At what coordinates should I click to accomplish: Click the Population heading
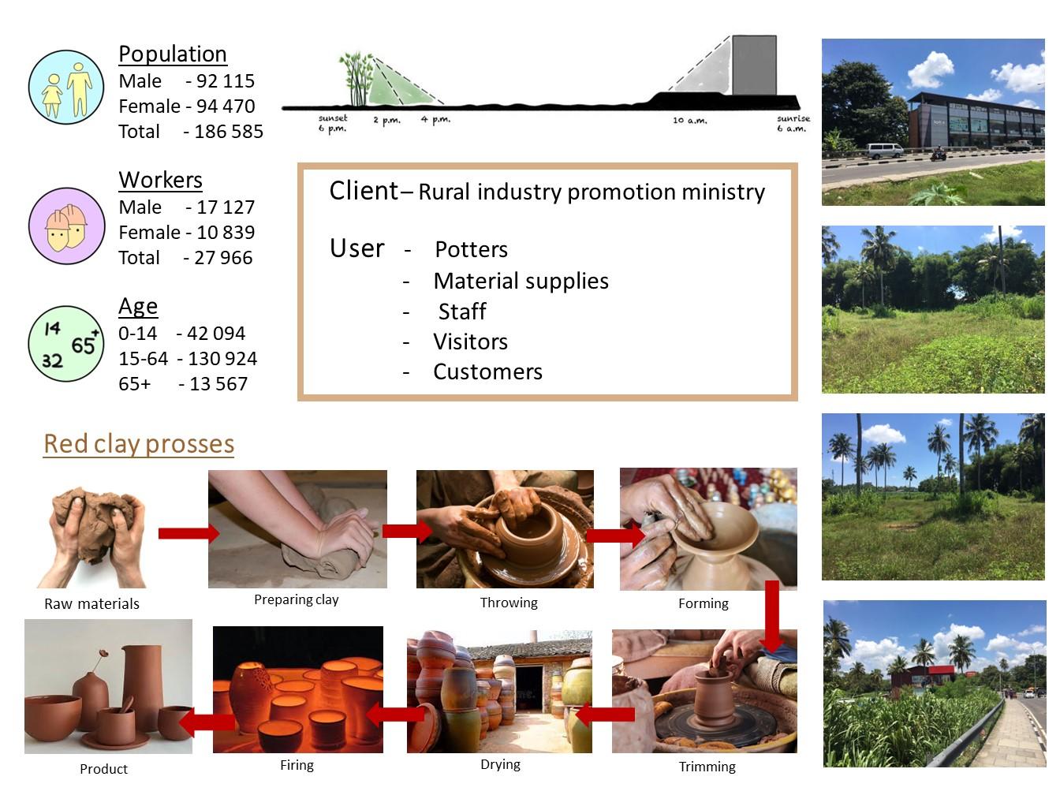[x=173, y=54]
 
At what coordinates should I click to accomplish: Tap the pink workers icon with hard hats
[x=67, y=226]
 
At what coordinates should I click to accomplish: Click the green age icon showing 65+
[x=67, y=344]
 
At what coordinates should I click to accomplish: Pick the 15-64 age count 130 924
[x=222, y=359]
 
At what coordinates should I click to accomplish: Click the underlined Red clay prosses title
[x=139, y=444]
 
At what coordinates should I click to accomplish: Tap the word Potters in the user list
[x=471, y=250]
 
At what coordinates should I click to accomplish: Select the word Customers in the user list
[x=487, y=372]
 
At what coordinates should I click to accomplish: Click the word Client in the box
[x=364, y=191]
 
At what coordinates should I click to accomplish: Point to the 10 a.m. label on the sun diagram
[x=690, y=121]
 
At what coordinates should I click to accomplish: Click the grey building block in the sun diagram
[x=754, y=65]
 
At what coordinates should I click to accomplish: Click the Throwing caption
[x=509, y=603]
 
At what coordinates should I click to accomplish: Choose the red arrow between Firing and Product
[x=207, y=721]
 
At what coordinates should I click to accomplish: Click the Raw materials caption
[x=91, y=604]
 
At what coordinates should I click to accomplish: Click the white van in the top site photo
[x=884, y=151]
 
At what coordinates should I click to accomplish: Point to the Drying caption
[x=500, y=765]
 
